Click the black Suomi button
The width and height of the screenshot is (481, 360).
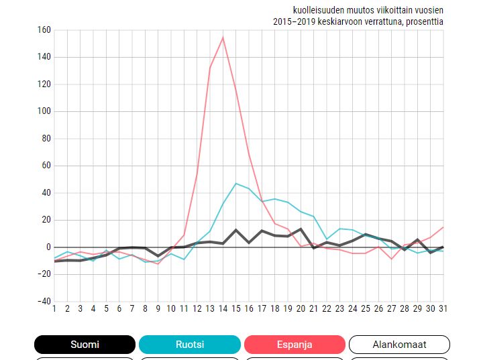[85, 345]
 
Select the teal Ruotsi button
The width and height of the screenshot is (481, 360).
[189, 345]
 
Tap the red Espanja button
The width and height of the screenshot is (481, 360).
[295, 345]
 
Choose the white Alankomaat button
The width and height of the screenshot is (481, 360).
[399, 345]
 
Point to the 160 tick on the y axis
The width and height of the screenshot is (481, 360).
[44, 30]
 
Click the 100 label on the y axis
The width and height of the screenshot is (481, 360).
[44, 111]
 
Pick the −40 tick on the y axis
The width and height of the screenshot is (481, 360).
[42, 302]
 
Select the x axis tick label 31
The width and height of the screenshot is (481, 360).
[443, 308]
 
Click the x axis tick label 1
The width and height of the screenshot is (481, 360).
[54, 308]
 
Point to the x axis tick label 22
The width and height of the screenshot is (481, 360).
[327, 308]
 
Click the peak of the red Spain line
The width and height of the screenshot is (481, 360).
[223, 37]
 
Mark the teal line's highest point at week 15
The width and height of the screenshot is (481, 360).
[235, 183]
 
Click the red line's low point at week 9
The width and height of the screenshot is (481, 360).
[158, 263]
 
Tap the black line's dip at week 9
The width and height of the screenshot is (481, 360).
[158, 256]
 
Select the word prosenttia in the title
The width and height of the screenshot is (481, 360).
[423, 21]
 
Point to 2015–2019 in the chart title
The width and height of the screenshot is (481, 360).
[294, 21]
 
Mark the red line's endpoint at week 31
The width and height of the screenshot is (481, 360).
[443, 227]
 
